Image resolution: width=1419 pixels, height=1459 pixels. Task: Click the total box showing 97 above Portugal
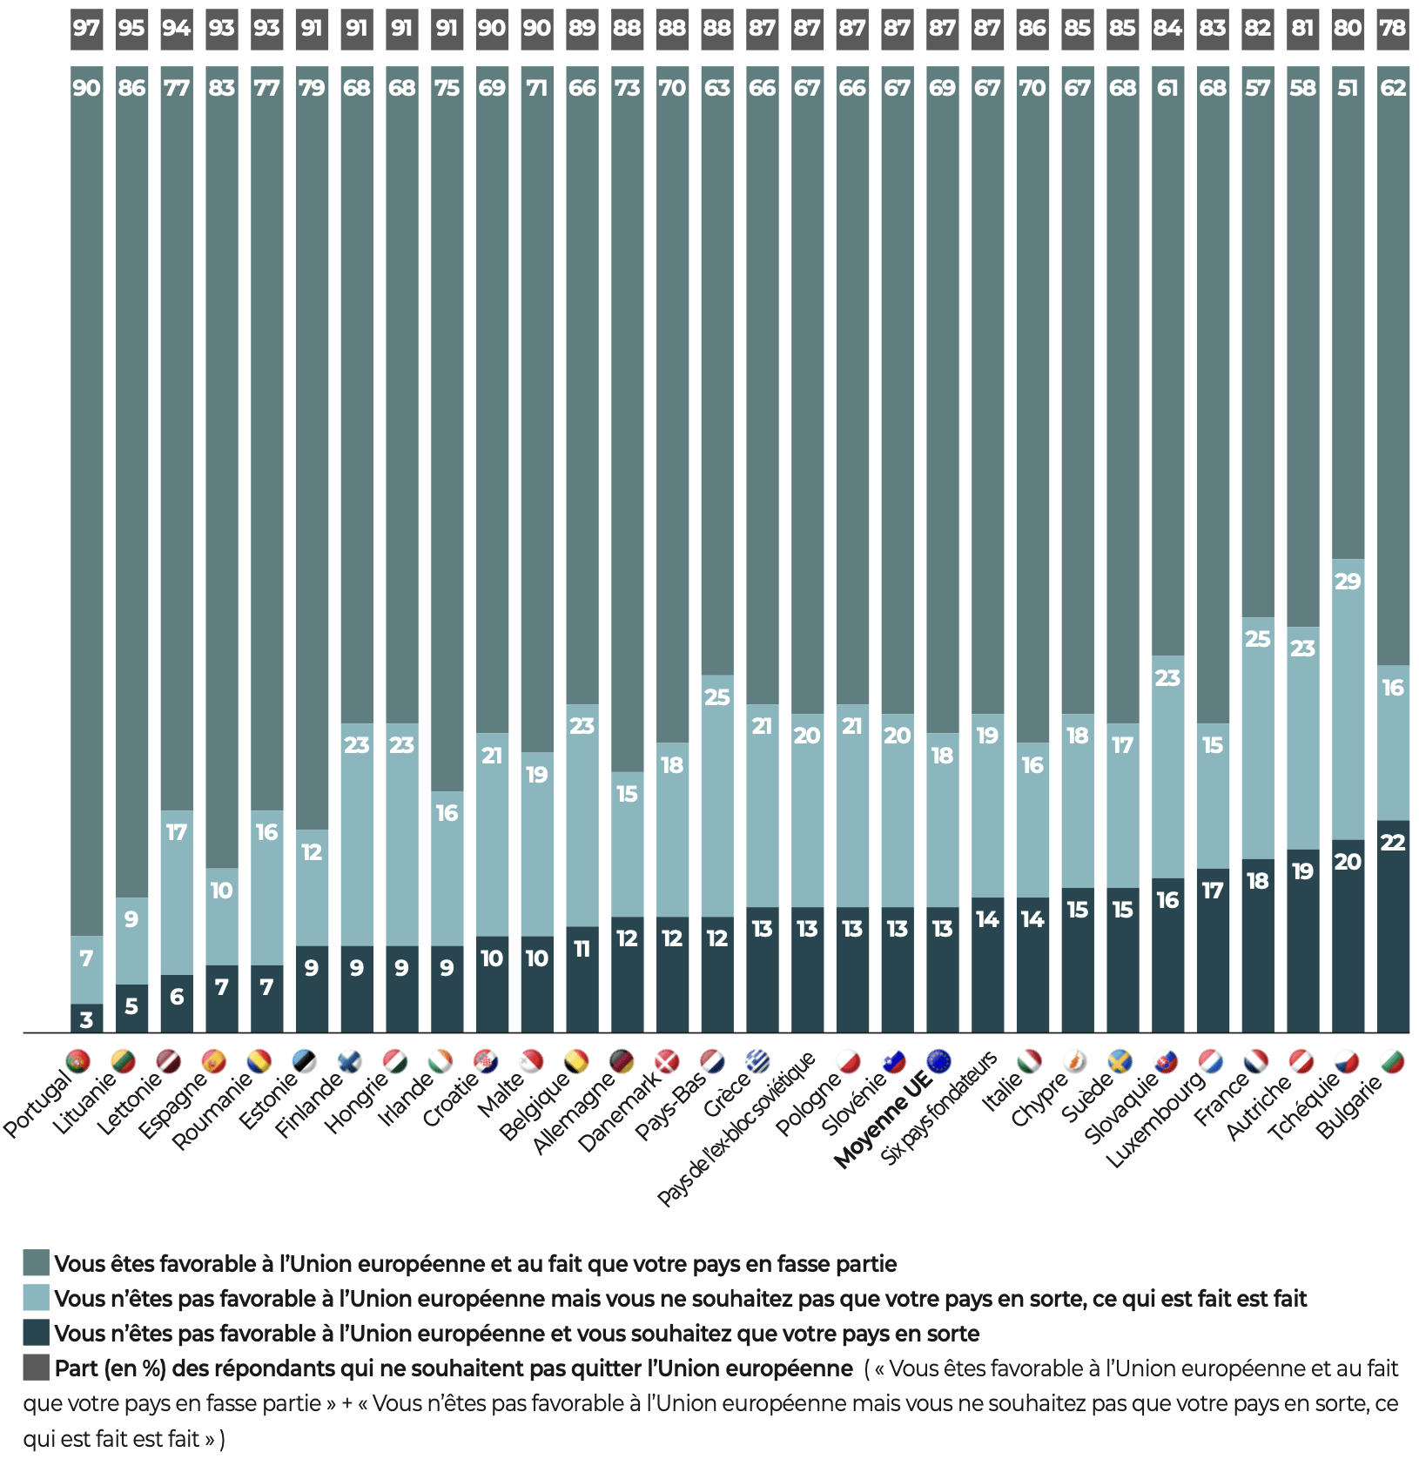(x=86, y=28)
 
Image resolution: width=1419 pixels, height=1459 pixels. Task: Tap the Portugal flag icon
(x=78, y=1061)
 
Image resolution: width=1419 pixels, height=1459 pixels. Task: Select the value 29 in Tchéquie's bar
(x=1348, y=582)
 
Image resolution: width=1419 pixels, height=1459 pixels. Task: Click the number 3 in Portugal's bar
(x=86, y=1019)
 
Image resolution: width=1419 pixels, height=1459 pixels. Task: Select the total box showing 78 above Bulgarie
(x=1393, y=28)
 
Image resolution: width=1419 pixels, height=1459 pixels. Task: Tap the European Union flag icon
(x=939, y=1061)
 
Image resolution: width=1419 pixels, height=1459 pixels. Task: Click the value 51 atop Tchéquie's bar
(x=1348, y=88)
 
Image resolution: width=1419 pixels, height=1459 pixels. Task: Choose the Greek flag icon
(x=759, y=1061)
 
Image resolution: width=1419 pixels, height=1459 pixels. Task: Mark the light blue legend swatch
(x=36, y=1298)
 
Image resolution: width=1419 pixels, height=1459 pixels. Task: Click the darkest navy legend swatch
(x=36, y=1333)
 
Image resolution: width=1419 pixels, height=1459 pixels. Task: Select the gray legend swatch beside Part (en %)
(x=36, y=1368)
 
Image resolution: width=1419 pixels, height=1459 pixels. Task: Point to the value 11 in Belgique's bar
(x=582, y=949)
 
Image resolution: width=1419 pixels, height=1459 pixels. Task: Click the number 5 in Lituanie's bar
(x=131, y=1006)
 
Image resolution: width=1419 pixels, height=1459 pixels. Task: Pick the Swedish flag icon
(x=1120, y=1061)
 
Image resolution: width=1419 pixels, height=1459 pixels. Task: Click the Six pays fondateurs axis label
(x=938, y=1109)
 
